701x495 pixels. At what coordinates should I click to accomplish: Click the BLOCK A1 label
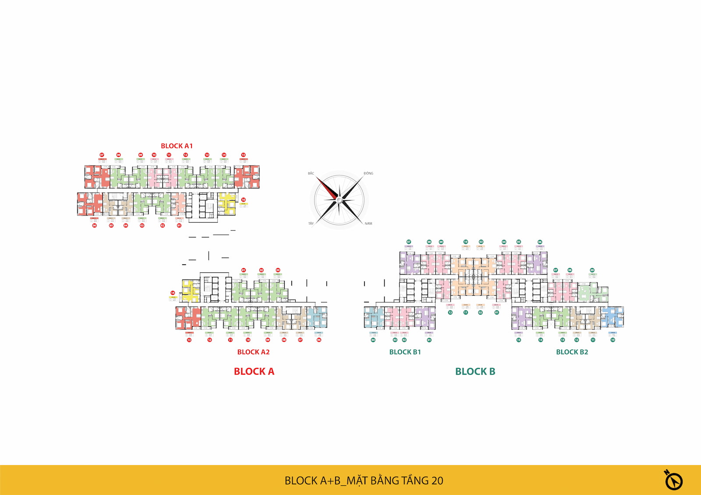(177, 146)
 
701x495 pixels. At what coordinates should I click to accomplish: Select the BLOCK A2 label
(253, 352)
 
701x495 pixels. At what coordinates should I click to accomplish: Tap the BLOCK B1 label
(405, 352)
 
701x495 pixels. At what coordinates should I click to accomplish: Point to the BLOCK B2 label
(572, 352)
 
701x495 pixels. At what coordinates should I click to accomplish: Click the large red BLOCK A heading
(254, 371)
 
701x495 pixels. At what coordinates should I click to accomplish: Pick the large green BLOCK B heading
(475, 371)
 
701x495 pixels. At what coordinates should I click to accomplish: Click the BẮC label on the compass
(311, 173)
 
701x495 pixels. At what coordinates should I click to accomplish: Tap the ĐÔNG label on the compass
(368, 173)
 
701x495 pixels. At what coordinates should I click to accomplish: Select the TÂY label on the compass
(311, 223)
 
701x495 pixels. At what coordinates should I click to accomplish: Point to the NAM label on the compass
(368, 223)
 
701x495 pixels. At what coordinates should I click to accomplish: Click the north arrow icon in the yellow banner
(673, 481)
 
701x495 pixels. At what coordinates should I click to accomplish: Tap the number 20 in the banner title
(437, 481)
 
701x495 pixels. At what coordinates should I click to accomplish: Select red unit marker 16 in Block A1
(244, 200)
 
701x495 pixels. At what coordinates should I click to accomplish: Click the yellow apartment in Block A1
(227, 202)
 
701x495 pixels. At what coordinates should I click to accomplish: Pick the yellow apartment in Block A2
(190, 291)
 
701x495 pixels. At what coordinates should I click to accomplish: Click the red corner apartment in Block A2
(188, 318)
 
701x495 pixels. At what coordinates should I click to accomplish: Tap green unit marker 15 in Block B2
(519, 340)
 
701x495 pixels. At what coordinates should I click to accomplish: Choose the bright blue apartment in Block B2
(612, 317)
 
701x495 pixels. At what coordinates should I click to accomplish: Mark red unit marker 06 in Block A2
(319, 340)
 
